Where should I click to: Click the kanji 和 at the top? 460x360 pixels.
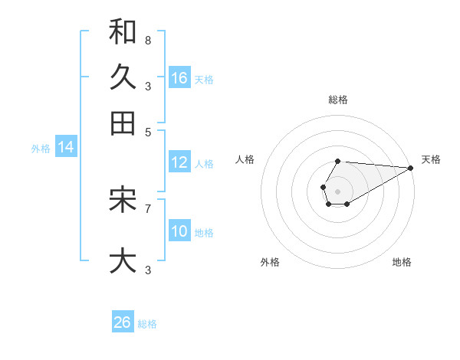coord(123,31)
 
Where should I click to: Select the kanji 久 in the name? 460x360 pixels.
coord(123,77)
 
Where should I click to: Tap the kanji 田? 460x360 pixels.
coord(123,123)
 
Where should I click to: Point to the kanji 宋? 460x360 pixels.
coord(123,200)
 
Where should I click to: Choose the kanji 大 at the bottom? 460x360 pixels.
coord(123,261)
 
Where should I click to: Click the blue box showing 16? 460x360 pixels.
coord(179,78)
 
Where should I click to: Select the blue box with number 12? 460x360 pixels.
coord(179,162)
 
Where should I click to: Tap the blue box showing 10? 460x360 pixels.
coord(179,231)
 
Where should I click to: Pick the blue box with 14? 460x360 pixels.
coord(66,147)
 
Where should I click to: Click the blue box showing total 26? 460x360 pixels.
coord(123,322)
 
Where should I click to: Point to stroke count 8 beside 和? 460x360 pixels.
coord(148,39)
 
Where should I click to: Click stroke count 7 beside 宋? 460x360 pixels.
coord(148,208)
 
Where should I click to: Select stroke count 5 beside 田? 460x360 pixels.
coord(148,131)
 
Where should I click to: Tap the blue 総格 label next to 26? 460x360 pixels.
coord(147,324)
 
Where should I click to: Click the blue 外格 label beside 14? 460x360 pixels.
coord(41,149)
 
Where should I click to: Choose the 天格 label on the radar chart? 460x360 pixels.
coord(431,159)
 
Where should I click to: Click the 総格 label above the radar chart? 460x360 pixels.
coord(338,100)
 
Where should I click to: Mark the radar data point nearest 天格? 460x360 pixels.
coord(410,169)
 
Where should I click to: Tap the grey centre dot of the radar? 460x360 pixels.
coord(338,190)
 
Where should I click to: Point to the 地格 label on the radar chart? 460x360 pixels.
coord(402,263)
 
